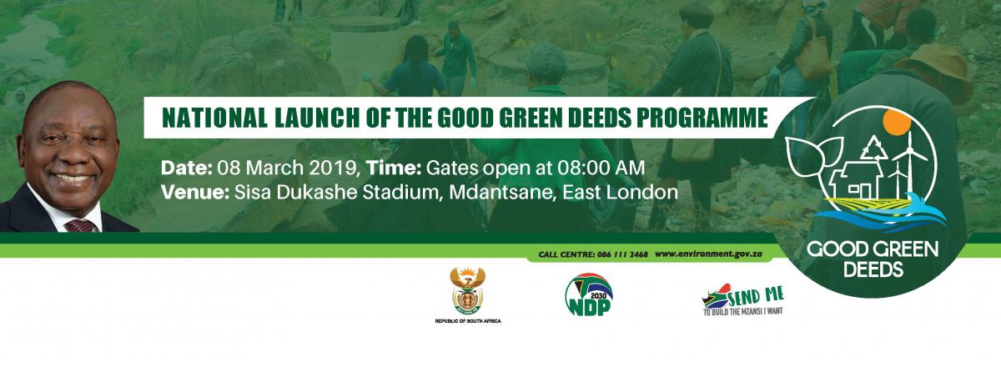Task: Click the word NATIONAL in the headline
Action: coord(214,118)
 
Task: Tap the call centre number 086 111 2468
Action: coord(622,254)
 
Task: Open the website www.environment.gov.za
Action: coord(708,254)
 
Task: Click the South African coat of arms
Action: coord(467,291)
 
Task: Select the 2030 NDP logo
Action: coord(589,294)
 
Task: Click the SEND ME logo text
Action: coord(756,296)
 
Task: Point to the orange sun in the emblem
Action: coord(897,123)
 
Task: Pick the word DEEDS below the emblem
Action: coord(873,269)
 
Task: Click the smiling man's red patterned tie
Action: coord(82,225)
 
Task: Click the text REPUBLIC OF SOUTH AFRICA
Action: coord(468,321)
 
